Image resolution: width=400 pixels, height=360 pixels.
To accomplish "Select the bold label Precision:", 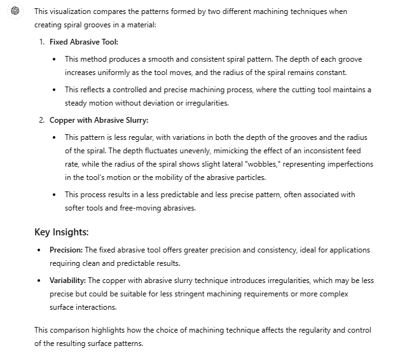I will pyautogui.click(x=66, y=250).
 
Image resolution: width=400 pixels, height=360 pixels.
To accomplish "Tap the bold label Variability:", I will pyautogui.click(x=68, y=280).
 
